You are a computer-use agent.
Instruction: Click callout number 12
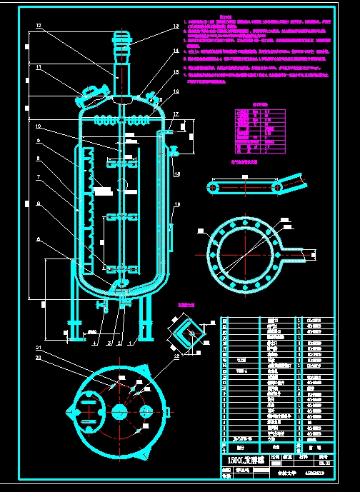[39, 26]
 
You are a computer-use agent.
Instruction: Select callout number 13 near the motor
[175, 26]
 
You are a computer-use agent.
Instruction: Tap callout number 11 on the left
[39, 68]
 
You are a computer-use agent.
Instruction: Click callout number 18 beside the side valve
[177, 174]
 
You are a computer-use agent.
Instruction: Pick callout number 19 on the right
[178, 205]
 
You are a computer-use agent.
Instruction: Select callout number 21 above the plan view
[39, 348]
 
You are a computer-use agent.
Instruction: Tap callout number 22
[176, 356]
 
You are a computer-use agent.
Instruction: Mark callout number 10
[39, 127]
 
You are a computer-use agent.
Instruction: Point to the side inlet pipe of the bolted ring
[300, 253]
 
